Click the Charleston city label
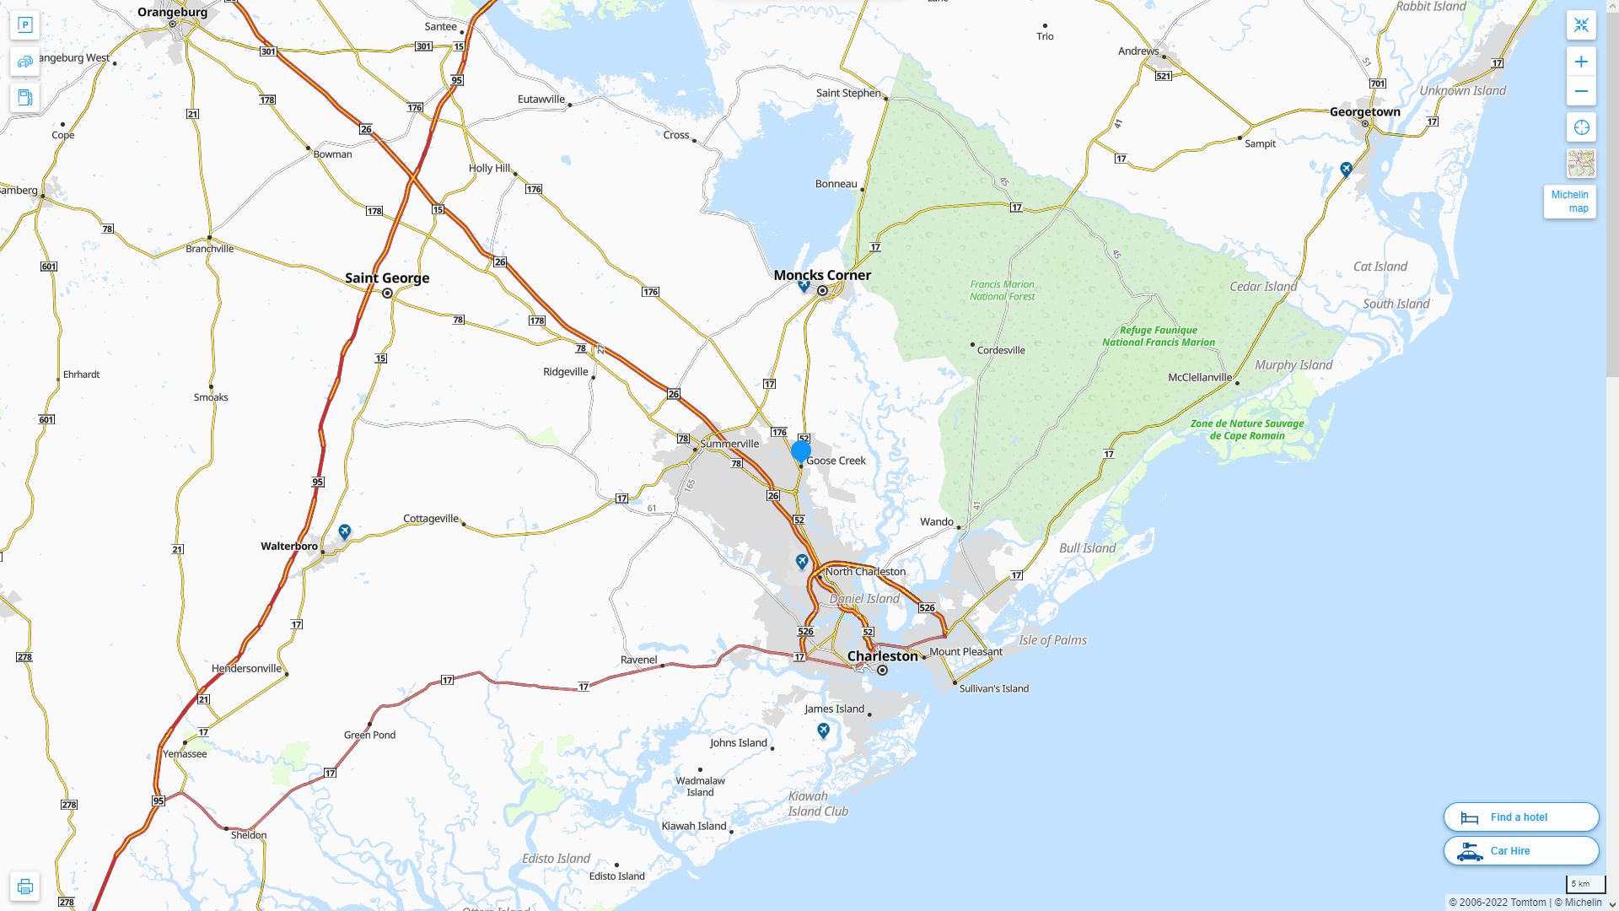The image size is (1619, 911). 882,656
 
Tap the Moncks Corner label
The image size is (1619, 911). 822,275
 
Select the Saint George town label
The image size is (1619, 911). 387,278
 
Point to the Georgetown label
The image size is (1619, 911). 1364,112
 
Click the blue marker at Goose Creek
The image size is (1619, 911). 801,452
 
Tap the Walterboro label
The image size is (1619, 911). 289,547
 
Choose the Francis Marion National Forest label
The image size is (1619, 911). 1002,291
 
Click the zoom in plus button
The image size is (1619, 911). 1581,62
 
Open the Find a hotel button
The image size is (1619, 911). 1521,817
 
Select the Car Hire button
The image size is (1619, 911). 1521,851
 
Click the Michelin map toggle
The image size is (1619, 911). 1569,202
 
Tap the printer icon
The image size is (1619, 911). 24,887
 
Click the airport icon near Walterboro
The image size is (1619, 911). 345,531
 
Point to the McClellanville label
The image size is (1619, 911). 1199,378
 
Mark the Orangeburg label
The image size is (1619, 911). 172,13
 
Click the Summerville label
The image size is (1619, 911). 729,444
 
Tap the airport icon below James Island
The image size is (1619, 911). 824,730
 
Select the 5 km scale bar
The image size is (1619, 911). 1585,885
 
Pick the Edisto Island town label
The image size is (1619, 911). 616,876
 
